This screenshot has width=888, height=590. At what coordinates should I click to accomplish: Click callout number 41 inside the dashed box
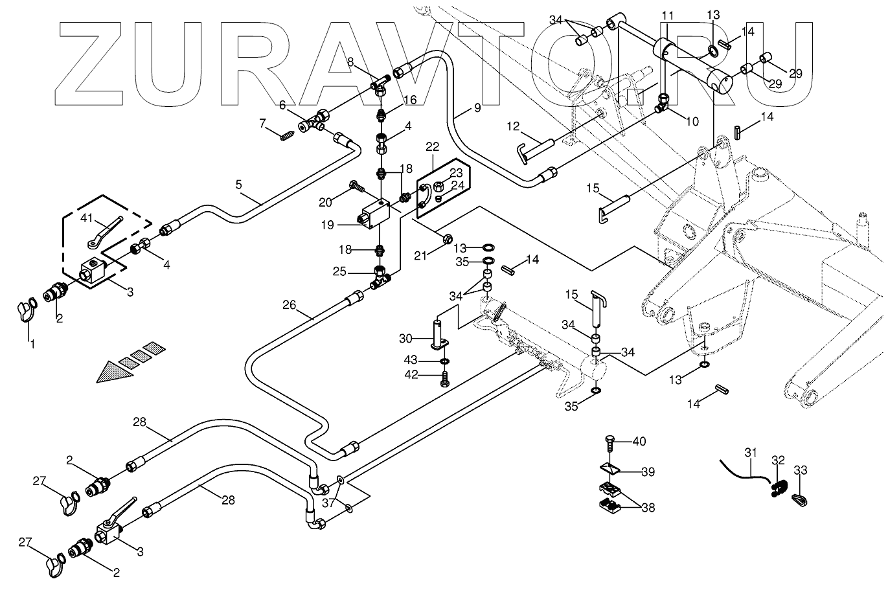click(87, 219)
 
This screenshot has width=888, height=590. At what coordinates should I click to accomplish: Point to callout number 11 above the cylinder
click(667, 14)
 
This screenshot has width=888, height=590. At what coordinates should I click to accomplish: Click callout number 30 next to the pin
click(405, 338)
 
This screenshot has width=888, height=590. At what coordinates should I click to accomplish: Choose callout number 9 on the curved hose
click(477, 108)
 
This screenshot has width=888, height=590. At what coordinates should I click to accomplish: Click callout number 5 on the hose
click(238, 185)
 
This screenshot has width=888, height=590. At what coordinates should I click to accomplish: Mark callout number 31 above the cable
click(750, 452)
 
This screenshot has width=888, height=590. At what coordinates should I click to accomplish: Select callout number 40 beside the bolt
click(639, 442)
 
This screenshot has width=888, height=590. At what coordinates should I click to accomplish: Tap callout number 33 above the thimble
click(801, 470)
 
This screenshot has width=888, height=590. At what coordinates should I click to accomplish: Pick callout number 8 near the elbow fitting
click(350, 62)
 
